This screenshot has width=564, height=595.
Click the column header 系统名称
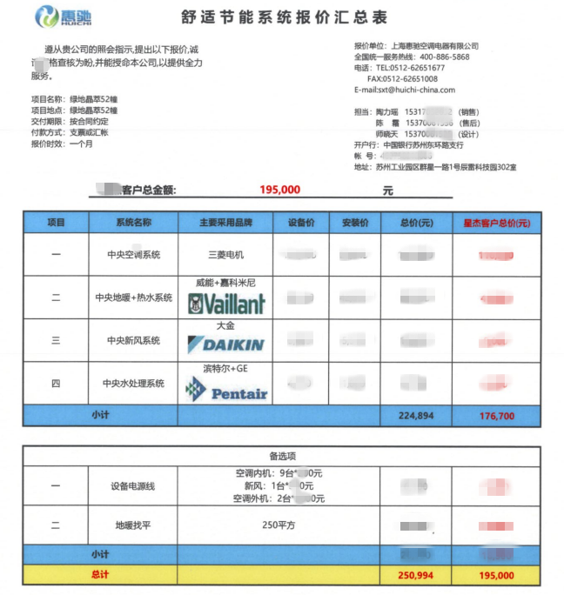pos(133,223)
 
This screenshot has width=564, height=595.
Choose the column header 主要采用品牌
pos(225,223)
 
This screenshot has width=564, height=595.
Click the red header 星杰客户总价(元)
pos(496,223)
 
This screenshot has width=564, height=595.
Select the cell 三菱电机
pos(225,255)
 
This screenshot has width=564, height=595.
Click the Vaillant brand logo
pos(226,304)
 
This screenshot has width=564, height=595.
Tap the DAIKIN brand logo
pos(226,345)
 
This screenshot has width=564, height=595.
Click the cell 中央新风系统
pos(133,340)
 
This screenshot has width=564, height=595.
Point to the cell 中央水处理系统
pos(133,383)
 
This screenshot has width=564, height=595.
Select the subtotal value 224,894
pos(417,416)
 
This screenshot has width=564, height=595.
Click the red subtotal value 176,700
pos(496,416)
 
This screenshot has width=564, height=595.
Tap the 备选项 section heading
pos(282,455)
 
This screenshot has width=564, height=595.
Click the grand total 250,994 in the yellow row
pos(417,575)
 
